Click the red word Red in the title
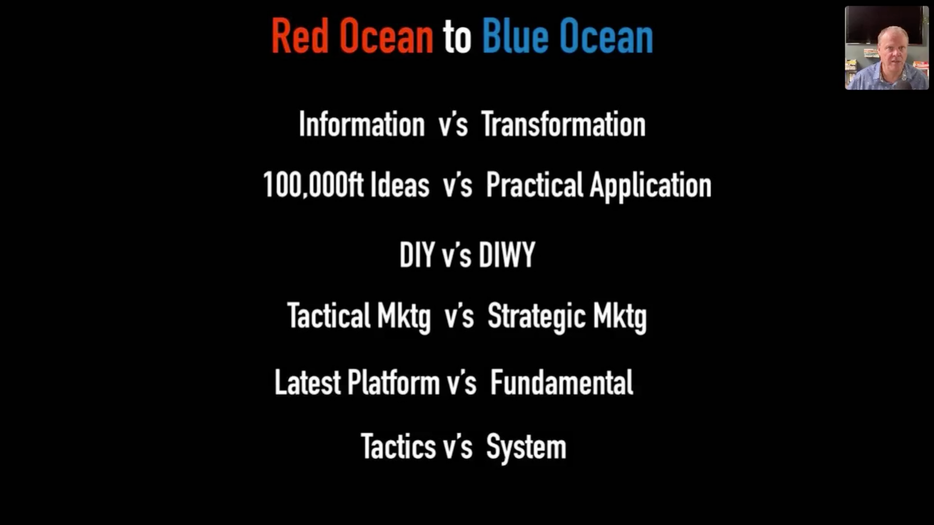coord(300,36)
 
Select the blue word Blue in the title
coord(515,36)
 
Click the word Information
coord(362,124)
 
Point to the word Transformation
coord(564,124)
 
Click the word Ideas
coord(400,184)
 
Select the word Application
coord(651,186)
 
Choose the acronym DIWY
coord(507,254)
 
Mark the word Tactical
coord(329,315)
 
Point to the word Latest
coord(308,382)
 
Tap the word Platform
coord(393,382)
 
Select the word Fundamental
coord(561,382)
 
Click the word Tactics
coord(398,447)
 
